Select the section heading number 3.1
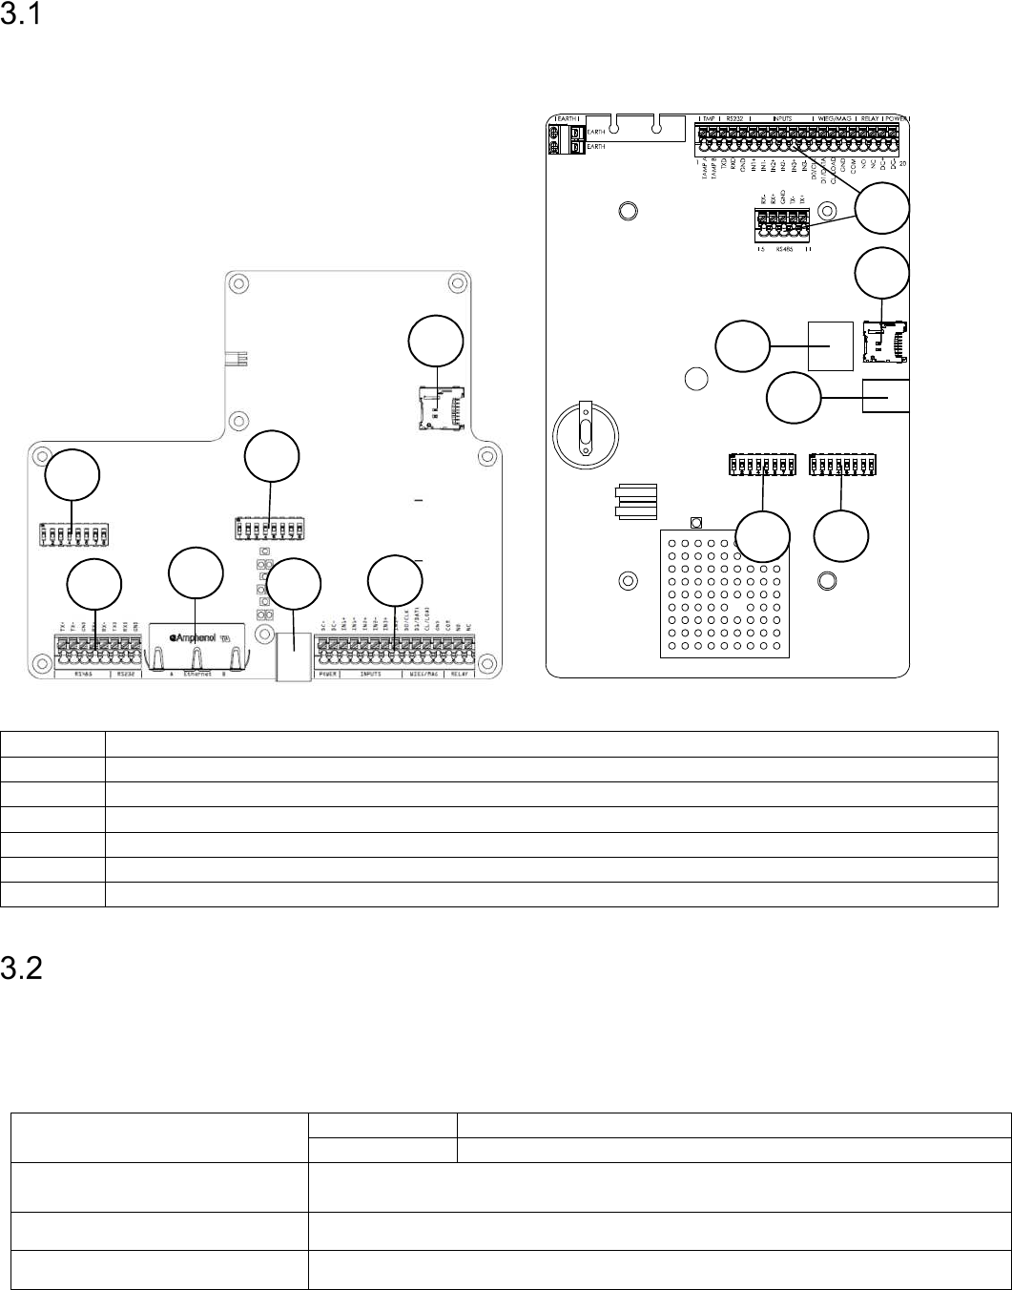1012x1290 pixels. click(20, 18)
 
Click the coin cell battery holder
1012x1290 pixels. click(587, 432)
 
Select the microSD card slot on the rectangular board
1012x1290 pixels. click(884, 342)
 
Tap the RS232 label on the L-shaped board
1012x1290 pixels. click(127, 673)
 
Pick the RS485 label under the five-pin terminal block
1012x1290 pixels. click(784, 249)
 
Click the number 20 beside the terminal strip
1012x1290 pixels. click(903, 163)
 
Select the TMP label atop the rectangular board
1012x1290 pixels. click(709, 119)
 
